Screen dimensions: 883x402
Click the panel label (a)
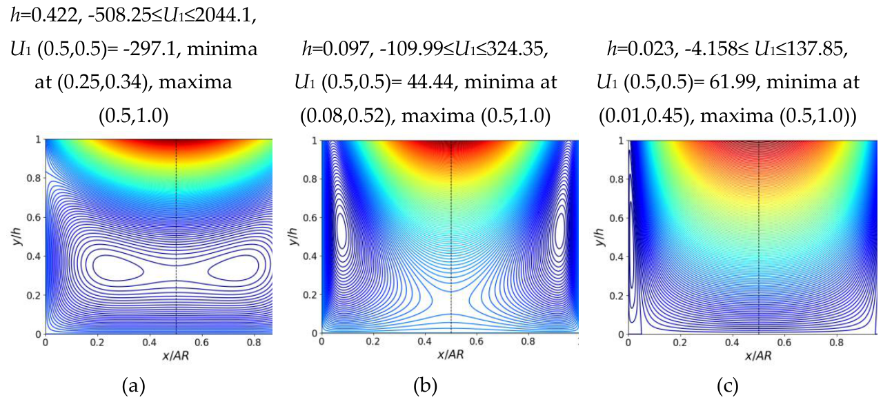pyautogui.click(x=134, y=386)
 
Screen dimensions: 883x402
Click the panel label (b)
pyautogui.click(x=426, y=386)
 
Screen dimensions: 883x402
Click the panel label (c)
pyautogui.click(x=727, y=386)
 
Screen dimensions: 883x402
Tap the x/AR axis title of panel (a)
pyautogui.click(x=175, y=356)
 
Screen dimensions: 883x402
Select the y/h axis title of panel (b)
pyautogui.click(x=293, y=237)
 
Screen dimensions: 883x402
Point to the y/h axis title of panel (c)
pyautogui.click(x=599, y=237)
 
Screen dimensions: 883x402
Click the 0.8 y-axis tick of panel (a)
pyautogui.click(x=34, y=178)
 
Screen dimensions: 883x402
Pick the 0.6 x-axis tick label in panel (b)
pyautogui.click(x=476, y=341)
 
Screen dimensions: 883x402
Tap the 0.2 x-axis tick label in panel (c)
pyautogui.click(x=680, y=342)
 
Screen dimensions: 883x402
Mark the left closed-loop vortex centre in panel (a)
pyautogui.click(x=118, y=268)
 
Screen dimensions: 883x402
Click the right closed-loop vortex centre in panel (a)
pyautogui.click(x=233, y=268)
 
